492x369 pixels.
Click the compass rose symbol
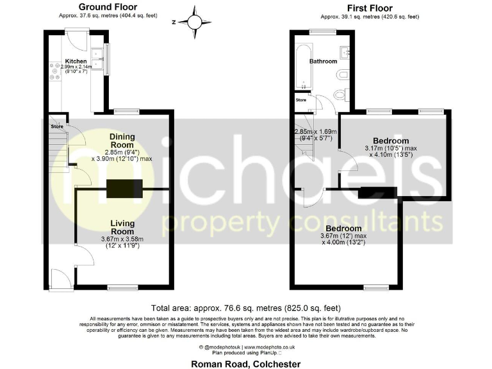coord(192,21)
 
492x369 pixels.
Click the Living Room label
coord(122,227)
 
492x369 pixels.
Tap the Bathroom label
coord(324,61)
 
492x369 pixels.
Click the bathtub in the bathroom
coord(302,67)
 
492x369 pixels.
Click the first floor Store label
coord(300,101)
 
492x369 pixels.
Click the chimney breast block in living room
coord(124,189)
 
